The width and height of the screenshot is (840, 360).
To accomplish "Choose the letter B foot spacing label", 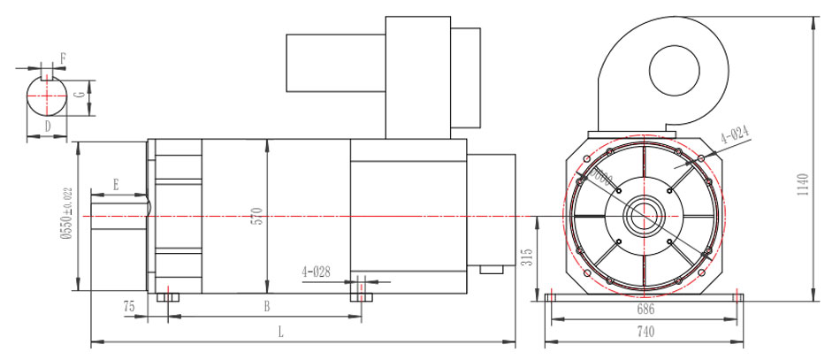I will (x=266, y=307).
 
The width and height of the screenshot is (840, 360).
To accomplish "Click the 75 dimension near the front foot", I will (x=129, y=306).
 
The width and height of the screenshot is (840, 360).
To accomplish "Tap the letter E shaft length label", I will (x=116, y=185).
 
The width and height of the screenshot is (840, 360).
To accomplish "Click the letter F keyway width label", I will (x=63, y=57).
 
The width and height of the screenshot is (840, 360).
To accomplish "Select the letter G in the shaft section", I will (x=80, y=93).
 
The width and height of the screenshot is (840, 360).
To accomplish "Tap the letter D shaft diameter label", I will (x=47, y=126).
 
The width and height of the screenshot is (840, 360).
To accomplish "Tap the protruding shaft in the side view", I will (x=116, y=216).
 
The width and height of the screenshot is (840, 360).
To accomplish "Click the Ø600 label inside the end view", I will (x=603, y=179).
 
